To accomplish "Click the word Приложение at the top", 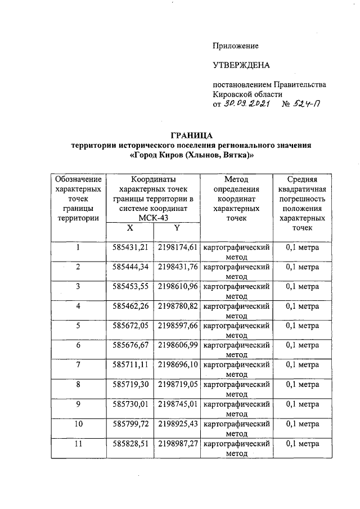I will pyautogui.click(x=236, y=45).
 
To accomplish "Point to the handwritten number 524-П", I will pyautogui.click(x=308, y=105).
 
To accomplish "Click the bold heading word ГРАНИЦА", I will pyautogui.click(x=191, y=136).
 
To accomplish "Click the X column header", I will pyautogui.click(x=129, y=228).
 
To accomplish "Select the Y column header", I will pyautogui.click(x=176, y=228).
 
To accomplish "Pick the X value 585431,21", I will pyautogui.click(x=130, y=247).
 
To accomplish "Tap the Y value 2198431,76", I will pyautogui.click(x=177, y=267).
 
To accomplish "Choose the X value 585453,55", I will pyautogui.click(x=130, y=286).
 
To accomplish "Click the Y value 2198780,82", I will pyautogui.click(x=177, y=306).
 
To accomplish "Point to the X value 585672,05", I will pyautogui.click(x=130, y=326).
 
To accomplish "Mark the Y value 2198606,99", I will pyautogui.click(x=177, y=345).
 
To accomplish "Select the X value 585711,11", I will pyautogui.click(x=130, y=365).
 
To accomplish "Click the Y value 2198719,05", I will pyautogui.click(x=177, y=385).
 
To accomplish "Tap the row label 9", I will pyautogui.click(x=78, y=404).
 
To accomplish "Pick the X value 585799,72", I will pyautogui.click(x=130, y=424).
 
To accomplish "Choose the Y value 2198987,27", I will pyautogui.click(x=177, y=444).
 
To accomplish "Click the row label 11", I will pyautogui.click(x=78, y=444).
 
